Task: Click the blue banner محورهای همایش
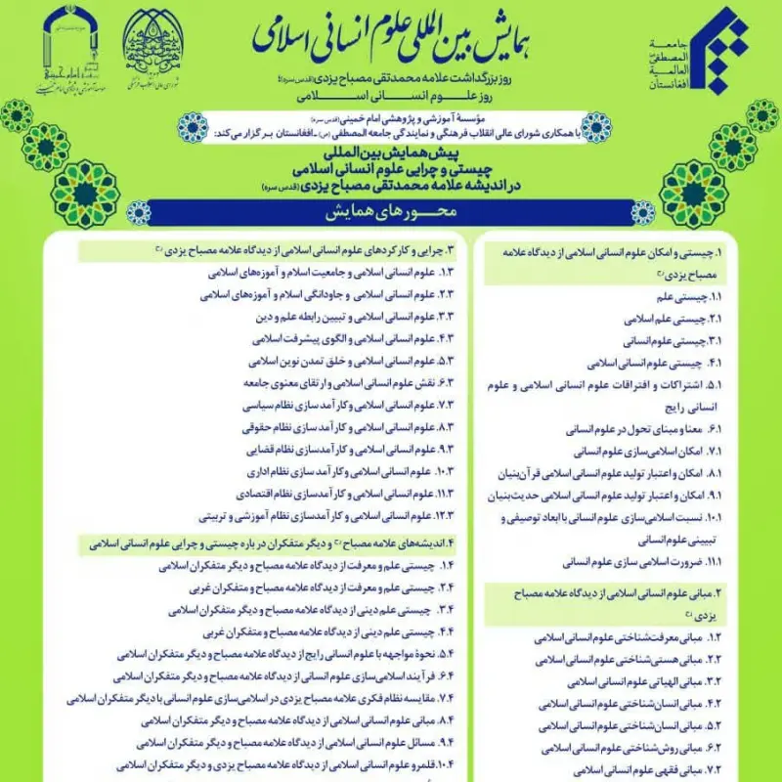(x=391, y=211)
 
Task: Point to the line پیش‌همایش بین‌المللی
(x=392, y=154)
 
